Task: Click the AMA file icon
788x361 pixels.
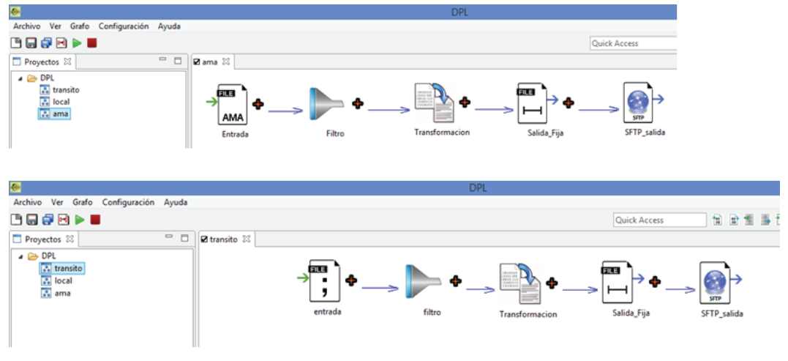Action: (233, 105)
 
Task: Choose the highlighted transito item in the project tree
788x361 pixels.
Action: (67, 269)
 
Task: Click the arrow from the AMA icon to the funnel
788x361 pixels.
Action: (285, 111)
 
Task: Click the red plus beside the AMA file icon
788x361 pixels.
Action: (258, 104)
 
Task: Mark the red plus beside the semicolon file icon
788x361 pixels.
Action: (351, 280)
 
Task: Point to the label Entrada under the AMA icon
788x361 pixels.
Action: (233, 134)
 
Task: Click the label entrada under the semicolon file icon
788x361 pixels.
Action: (326, 310)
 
